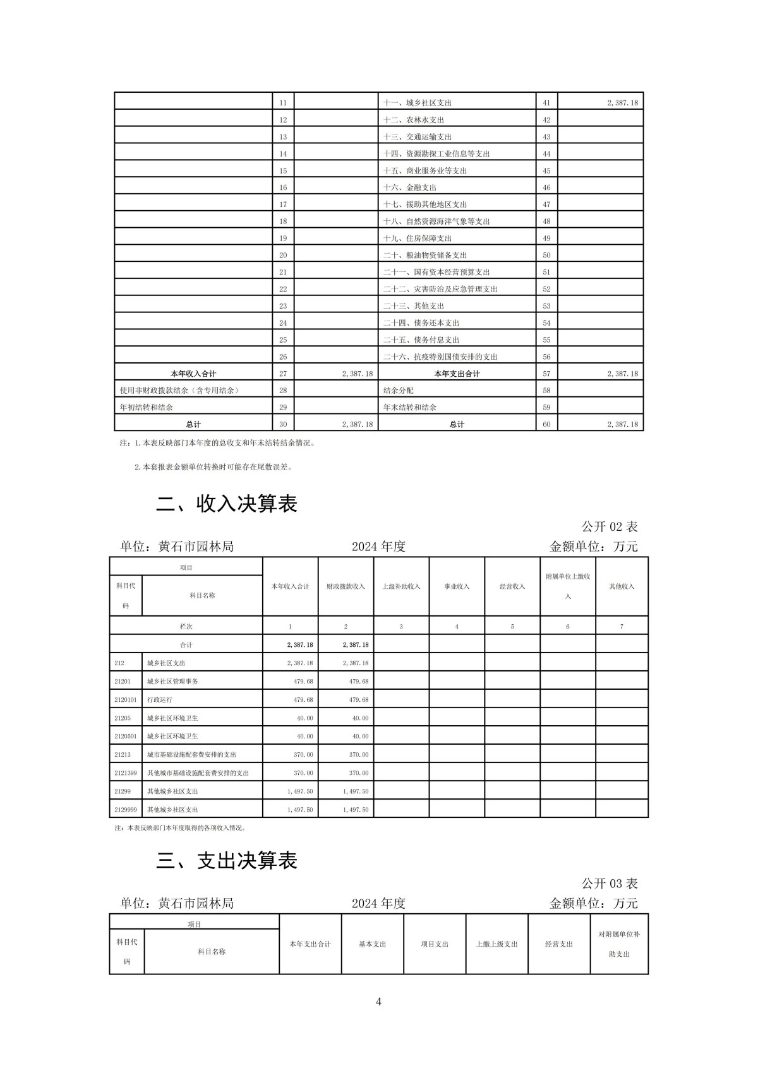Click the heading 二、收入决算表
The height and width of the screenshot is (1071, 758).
[x=227, y=504]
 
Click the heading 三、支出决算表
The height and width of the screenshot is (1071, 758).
[x=227, y=861]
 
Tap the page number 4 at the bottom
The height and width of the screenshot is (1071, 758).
[x=378, y=1002]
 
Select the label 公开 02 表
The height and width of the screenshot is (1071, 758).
[x=610, y=526]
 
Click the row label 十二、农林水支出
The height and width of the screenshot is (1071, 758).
[x=414, y=120]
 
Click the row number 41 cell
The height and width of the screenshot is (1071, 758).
[x=546, y=103]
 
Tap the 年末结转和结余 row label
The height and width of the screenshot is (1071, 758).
[x=410, y=408]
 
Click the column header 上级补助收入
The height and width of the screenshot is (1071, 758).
[x=401, y=587]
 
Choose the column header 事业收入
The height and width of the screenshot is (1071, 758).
[x=457, y=587]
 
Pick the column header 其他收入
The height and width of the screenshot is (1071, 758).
[x=622, y=587]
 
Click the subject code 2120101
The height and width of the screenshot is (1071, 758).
[x=126, y=700]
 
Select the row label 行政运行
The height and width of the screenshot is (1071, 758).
[x=160, y=700]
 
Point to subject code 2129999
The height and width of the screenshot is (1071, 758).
[x=126, y=810]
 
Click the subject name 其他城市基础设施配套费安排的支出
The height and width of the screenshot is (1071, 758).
[x=198, y=773]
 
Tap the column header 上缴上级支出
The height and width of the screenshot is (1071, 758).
[x=496, y=944]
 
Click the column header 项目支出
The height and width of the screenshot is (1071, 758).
[x=435, y=944]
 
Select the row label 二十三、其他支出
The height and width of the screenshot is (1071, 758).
[x=414, y=306]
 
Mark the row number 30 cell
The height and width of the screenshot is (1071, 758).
[x=283, y=425]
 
